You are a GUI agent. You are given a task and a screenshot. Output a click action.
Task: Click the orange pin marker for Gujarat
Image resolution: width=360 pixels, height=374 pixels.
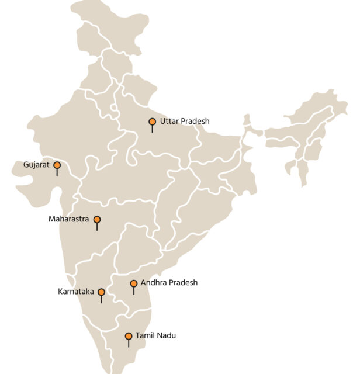57,165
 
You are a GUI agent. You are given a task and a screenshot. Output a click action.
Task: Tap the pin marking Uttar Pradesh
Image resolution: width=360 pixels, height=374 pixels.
152,122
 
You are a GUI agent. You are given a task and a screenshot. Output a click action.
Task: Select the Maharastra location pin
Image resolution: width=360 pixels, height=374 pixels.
97,220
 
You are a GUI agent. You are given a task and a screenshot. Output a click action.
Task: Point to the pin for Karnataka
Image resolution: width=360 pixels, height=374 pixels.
101,292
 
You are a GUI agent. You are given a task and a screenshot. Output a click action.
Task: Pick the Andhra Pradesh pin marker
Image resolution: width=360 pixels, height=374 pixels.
134,283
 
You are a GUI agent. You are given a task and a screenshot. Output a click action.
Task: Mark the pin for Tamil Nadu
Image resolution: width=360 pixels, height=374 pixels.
129,336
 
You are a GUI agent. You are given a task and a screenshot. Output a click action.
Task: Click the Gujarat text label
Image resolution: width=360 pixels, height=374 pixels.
36,165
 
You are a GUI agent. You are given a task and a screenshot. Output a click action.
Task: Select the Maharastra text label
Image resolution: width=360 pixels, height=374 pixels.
68,220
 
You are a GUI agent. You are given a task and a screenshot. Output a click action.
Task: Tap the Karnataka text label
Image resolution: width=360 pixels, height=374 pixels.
76,292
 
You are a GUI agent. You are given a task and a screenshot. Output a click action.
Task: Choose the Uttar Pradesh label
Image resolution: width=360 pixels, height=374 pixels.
184,122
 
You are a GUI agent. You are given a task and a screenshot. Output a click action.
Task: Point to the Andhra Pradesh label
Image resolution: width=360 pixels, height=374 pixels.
169,283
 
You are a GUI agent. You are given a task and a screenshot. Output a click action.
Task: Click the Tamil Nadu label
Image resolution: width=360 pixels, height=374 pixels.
155,336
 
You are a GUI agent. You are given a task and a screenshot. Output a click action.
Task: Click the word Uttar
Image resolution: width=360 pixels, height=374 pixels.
169,122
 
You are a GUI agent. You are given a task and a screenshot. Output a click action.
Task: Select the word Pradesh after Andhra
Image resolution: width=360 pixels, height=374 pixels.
183,283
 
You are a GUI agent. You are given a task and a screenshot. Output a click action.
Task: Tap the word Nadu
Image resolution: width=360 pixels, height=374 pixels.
166,336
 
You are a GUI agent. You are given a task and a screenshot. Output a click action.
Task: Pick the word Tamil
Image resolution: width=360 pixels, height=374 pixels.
144,336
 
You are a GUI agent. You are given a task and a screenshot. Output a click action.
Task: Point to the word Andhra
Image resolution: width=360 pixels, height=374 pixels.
153,283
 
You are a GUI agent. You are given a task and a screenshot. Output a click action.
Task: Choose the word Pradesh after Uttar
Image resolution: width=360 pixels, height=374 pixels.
195,122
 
